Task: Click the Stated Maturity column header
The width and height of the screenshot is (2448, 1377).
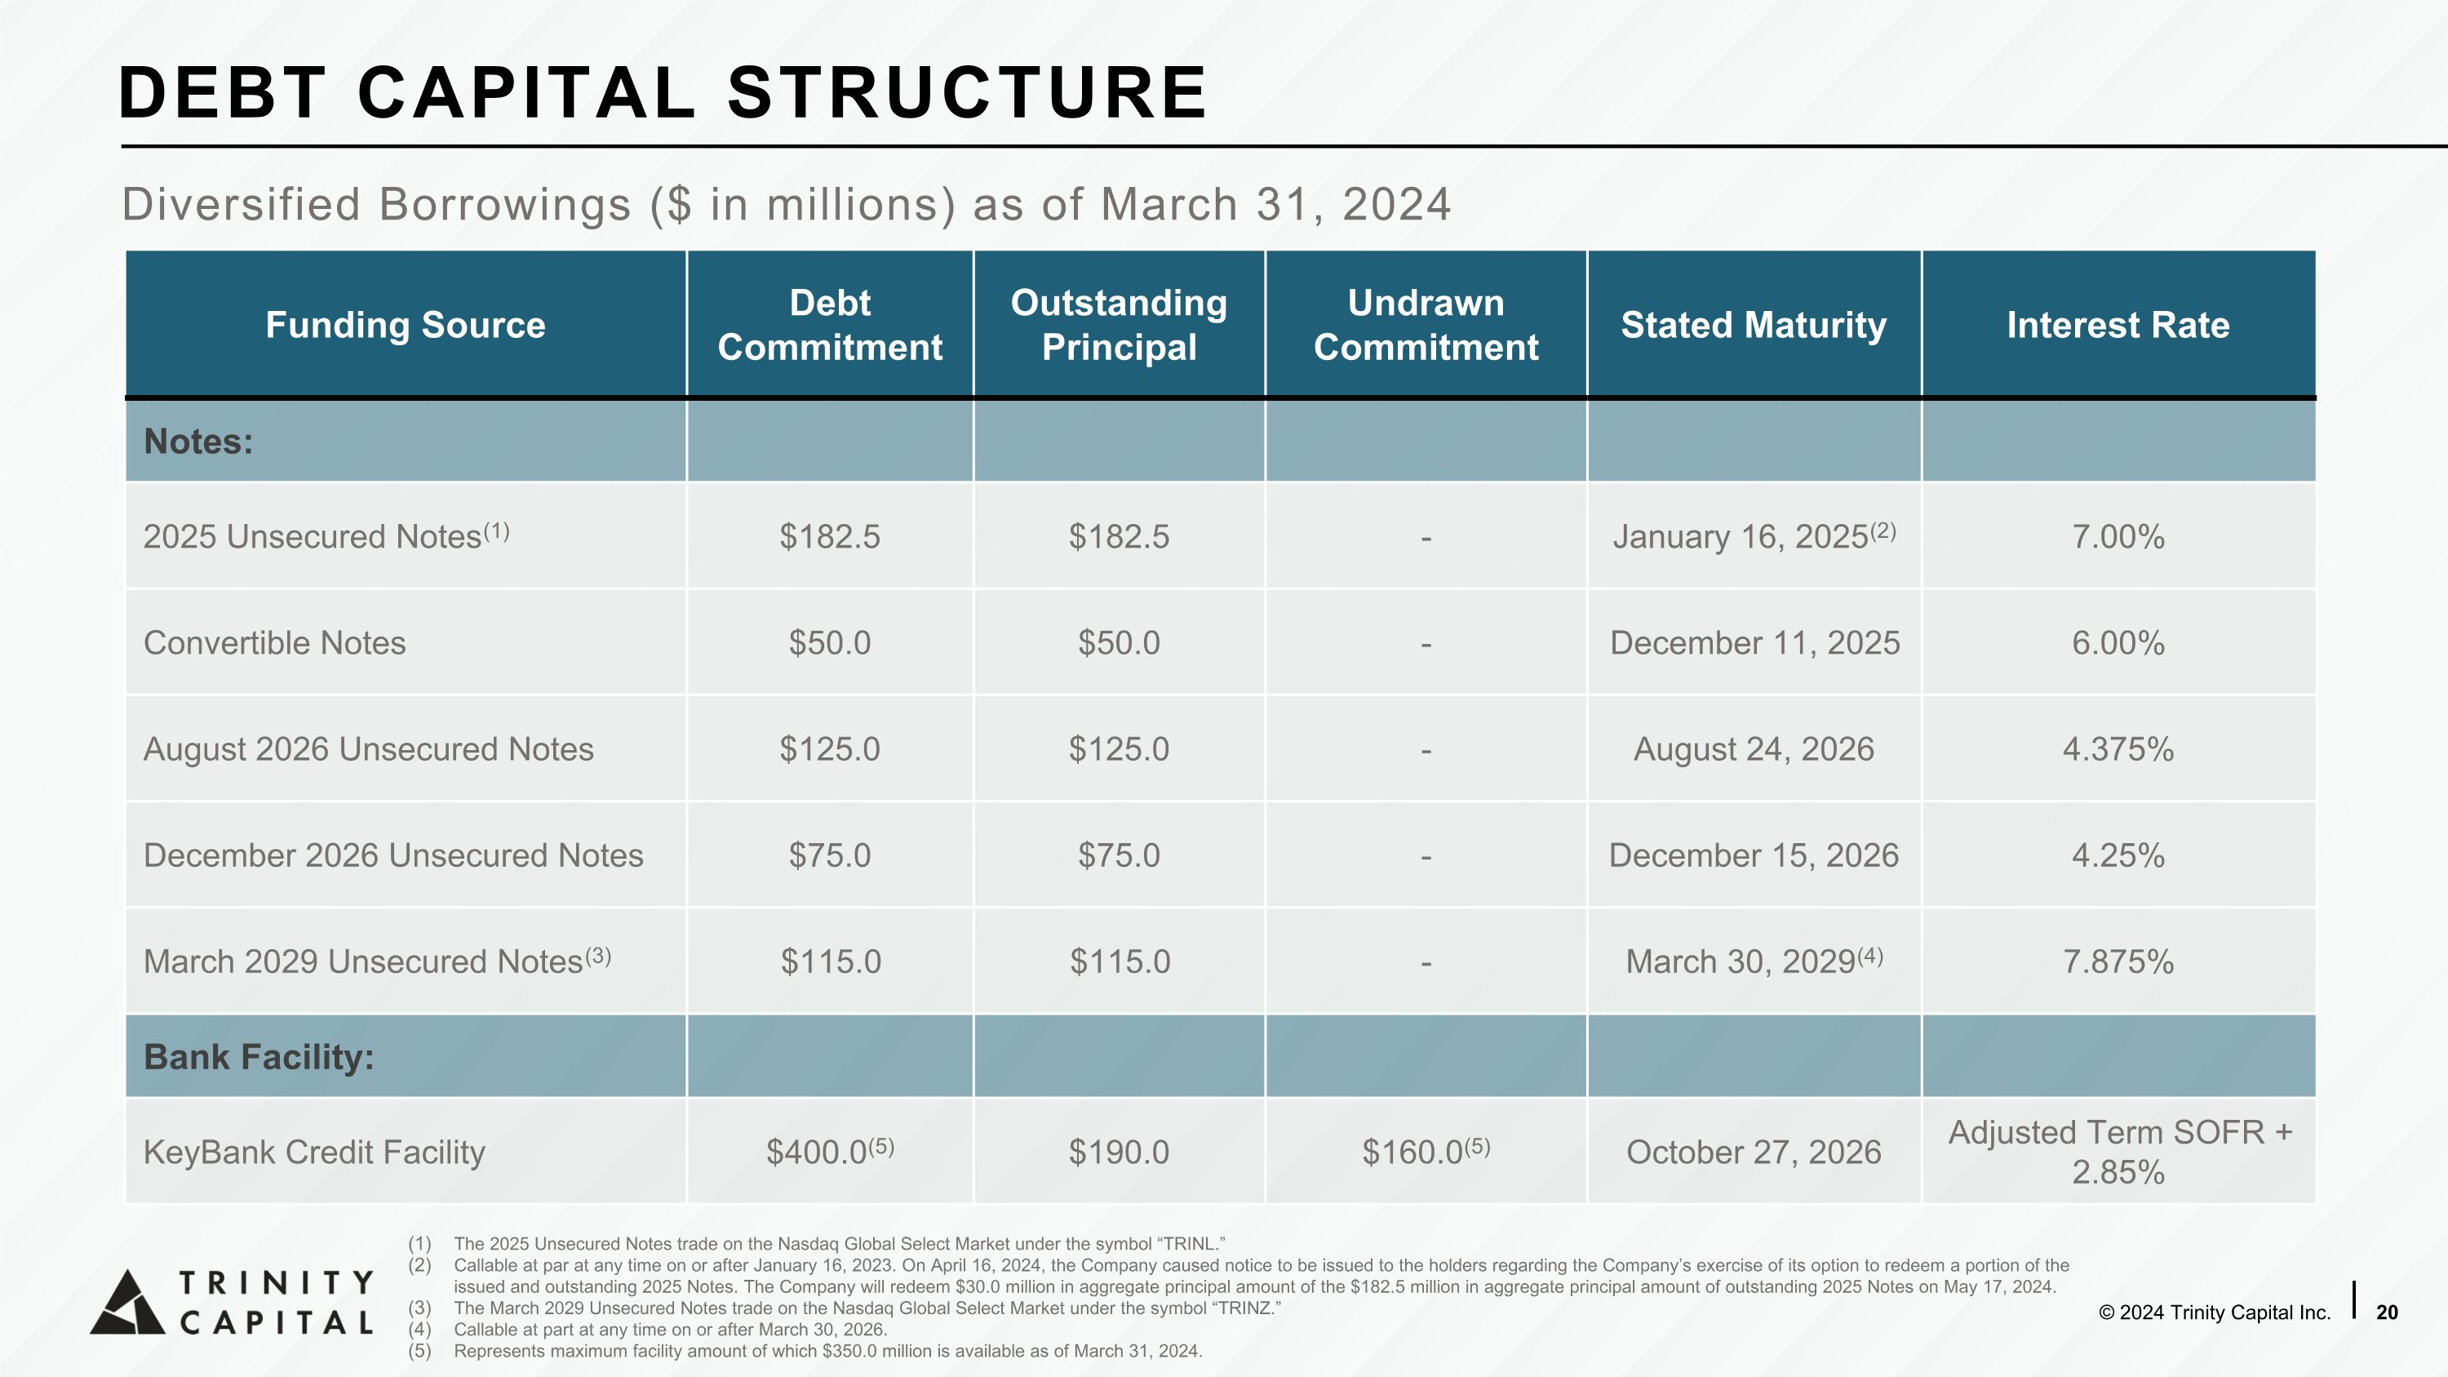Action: [1754, 325]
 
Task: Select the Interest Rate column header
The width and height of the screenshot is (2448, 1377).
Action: [2118, 325]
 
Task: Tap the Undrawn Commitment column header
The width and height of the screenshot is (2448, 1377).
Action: [1426, 325]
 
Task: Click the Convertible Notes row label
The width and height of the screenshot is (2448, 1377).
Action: [275, 643]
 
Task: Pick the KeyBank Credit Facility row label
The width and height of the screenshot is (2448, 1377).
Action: [314, 1153]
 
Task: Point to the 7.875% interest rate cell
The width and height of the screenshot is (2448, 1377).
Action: [2118, 962]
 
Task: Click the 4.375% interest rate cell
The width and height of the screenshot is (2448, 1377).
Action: [2118, 748]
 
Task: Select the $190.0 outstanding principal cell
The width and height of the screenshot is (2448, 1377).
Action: [1119, 1153]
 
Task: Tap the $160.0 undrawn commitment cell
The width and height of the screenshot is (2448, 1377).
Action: [1426, 1151]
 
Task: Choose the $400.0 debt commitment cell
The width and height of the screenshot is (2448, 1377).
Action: [830, 1151]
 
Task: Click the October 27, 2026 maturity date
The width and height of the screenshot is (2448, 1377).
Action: [1754, 1153]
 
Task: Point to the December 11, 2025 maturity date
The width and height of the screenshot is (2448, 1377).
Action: [1754, 643]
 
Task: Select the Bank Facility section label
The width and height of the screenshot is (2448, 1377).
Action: [259, 1057]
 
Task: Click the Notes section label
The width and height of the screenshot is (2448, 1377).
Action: [197, 442]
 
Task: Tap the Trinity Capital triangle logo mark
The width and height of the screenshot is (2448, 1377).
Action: [127, 1302]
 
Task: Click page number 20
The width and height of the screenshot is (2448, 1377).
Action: [2386, 1313]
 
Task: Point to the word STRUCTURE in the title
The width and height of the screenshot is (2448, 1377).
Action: [966, 93]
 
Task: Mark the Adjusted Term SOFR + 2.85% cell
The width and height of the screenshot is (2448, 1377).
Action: [2119, 1152]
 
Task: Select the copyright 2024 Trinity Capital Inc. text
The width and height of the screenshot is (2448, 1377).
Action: [2215, 1313]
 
